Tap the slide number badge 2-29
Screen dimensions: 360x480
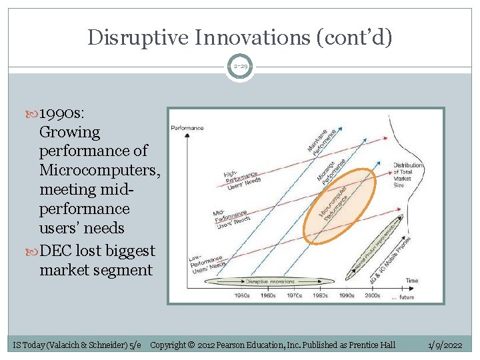point(239,67)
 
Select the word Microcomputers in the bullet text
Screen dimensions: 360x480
point(99,171)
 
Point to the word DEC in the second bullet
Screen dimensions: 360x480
point(56,251)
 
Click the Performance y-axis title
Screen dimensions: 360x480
point(187,127)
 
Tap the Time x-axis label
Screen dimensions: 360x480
point(411,281)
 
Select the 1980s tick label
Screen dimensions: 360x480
point(321,295)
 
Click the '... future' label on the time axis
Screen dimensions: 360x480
point(402,297)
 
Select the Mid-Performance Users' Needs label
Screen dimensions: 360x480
point(231,217)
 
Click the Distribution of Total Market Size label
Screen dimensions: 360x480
point(407,175)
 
